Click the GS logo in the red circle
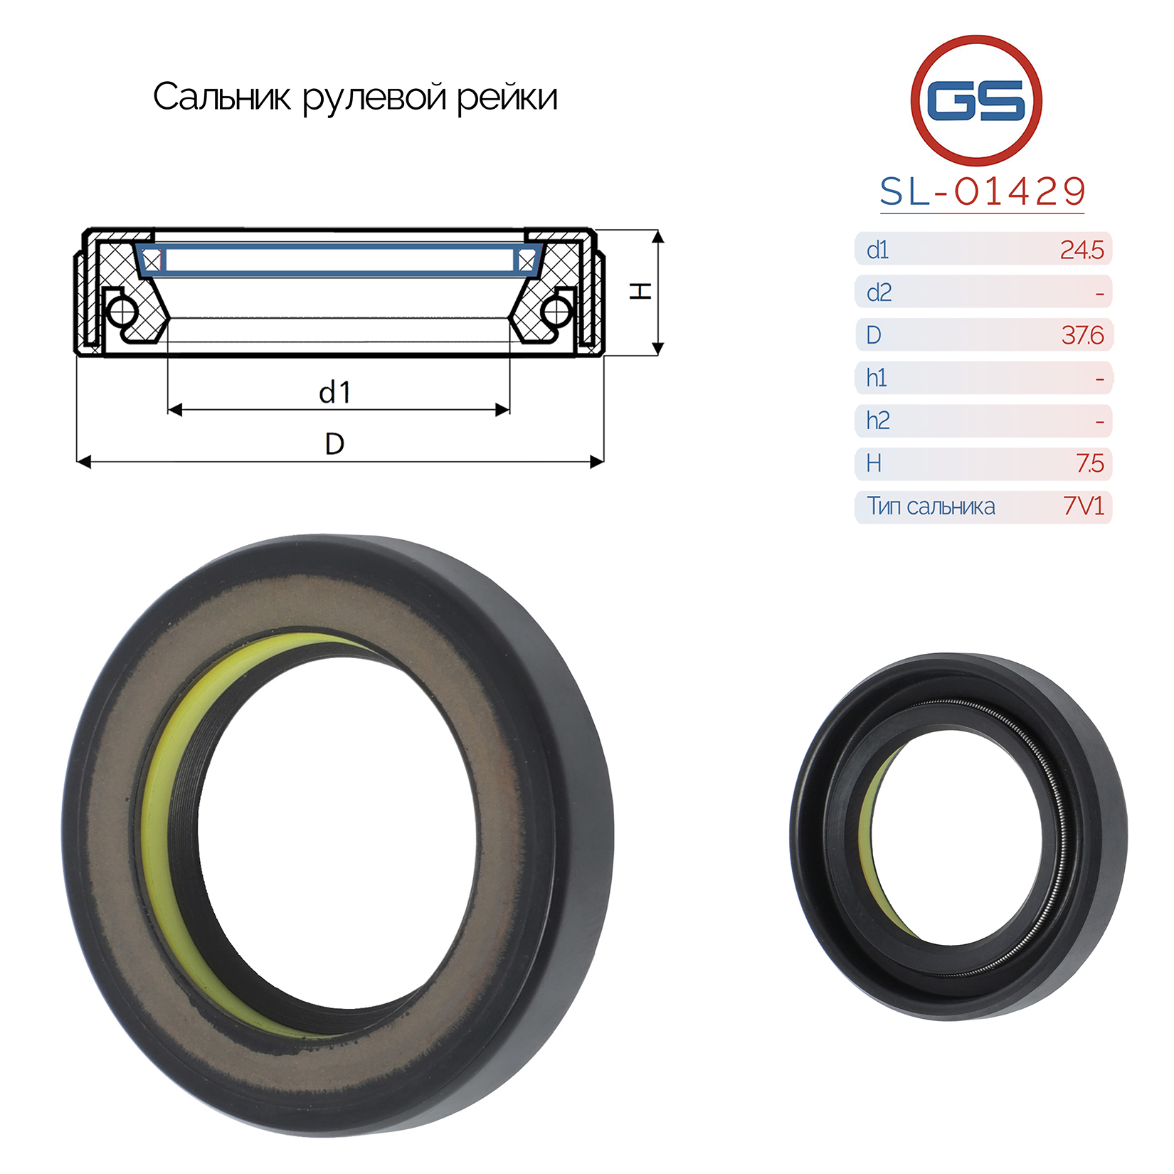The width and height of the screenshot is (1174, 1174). (976, 100)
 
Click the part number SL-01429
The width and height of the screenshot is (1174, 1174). (983, 191)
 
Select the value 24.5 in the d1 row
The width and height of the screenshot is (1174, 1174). (1082, 250)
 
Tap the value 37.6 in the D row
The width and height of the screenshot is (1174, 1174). (1082, 335)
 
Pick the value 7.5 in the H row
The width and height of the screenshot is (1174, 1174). (1090, 463)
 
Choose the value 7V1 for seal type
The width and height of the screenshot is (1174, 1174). (1084, 506)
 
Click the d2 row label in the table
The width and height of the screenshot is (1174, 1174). (879, 292)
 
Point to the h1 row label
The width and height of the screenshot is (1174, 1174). (877, 378)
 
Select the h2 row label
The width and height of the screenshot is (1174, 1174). (878, 421)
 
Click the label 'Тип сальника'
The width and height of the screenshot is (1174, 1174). (931, 506)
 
